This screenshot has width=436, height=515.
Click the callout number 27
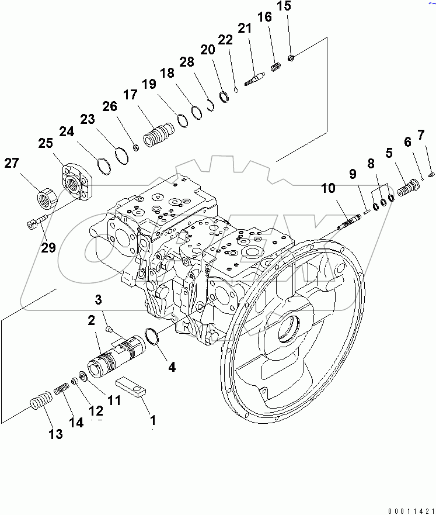tap(12, 163)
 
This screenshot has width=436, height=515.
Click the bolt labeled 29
tap(36, 223)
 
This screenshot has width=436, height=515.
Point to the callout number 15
tap(283, 7)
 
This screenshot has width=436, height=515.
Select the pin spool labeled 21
tap(254, 78)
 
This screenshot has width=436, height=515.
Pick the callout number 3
tap(99, 300)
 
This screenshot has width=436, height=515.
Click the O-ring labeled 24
tap(102, 165)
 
